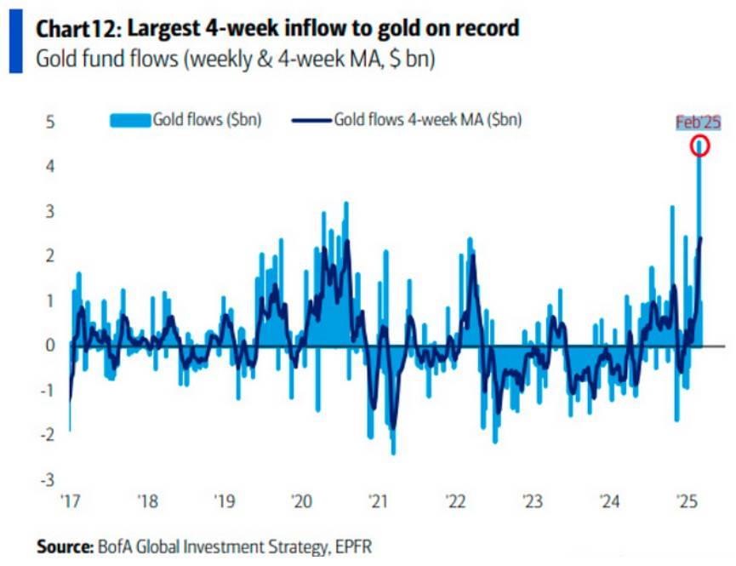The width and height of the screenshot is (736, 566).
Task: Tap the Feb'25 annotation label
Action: pos(698,123)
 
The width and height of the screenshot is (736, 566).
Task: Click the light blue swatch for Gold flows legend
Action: pos(130,120)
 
